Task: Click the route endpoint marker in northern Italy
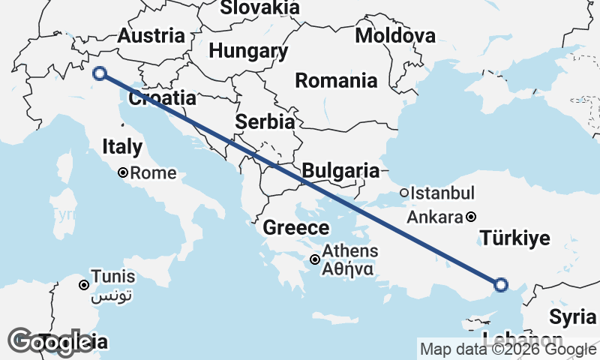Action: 99,73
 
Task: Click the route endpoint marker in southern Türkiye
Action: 501,284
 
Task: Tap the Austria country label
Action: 151,35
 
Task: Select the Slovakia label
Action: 259,8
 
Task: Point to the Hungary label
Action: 248,51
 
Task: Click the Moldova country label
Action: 395,35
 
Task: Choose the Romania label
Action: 336,80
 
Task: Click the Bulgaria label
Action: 340,170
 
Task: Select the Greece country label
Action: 296,228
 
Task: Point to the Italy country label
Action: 122,145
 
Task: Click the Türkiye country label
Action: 515,238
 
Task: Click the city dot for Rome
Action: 124,172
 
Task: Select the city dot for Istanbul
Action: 404,193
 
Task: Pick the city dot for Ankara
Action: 470,217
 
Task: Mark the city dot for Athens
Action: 315,260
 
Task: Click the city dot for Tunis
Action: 84,285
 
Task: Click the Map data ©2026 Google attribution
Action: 508,349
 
